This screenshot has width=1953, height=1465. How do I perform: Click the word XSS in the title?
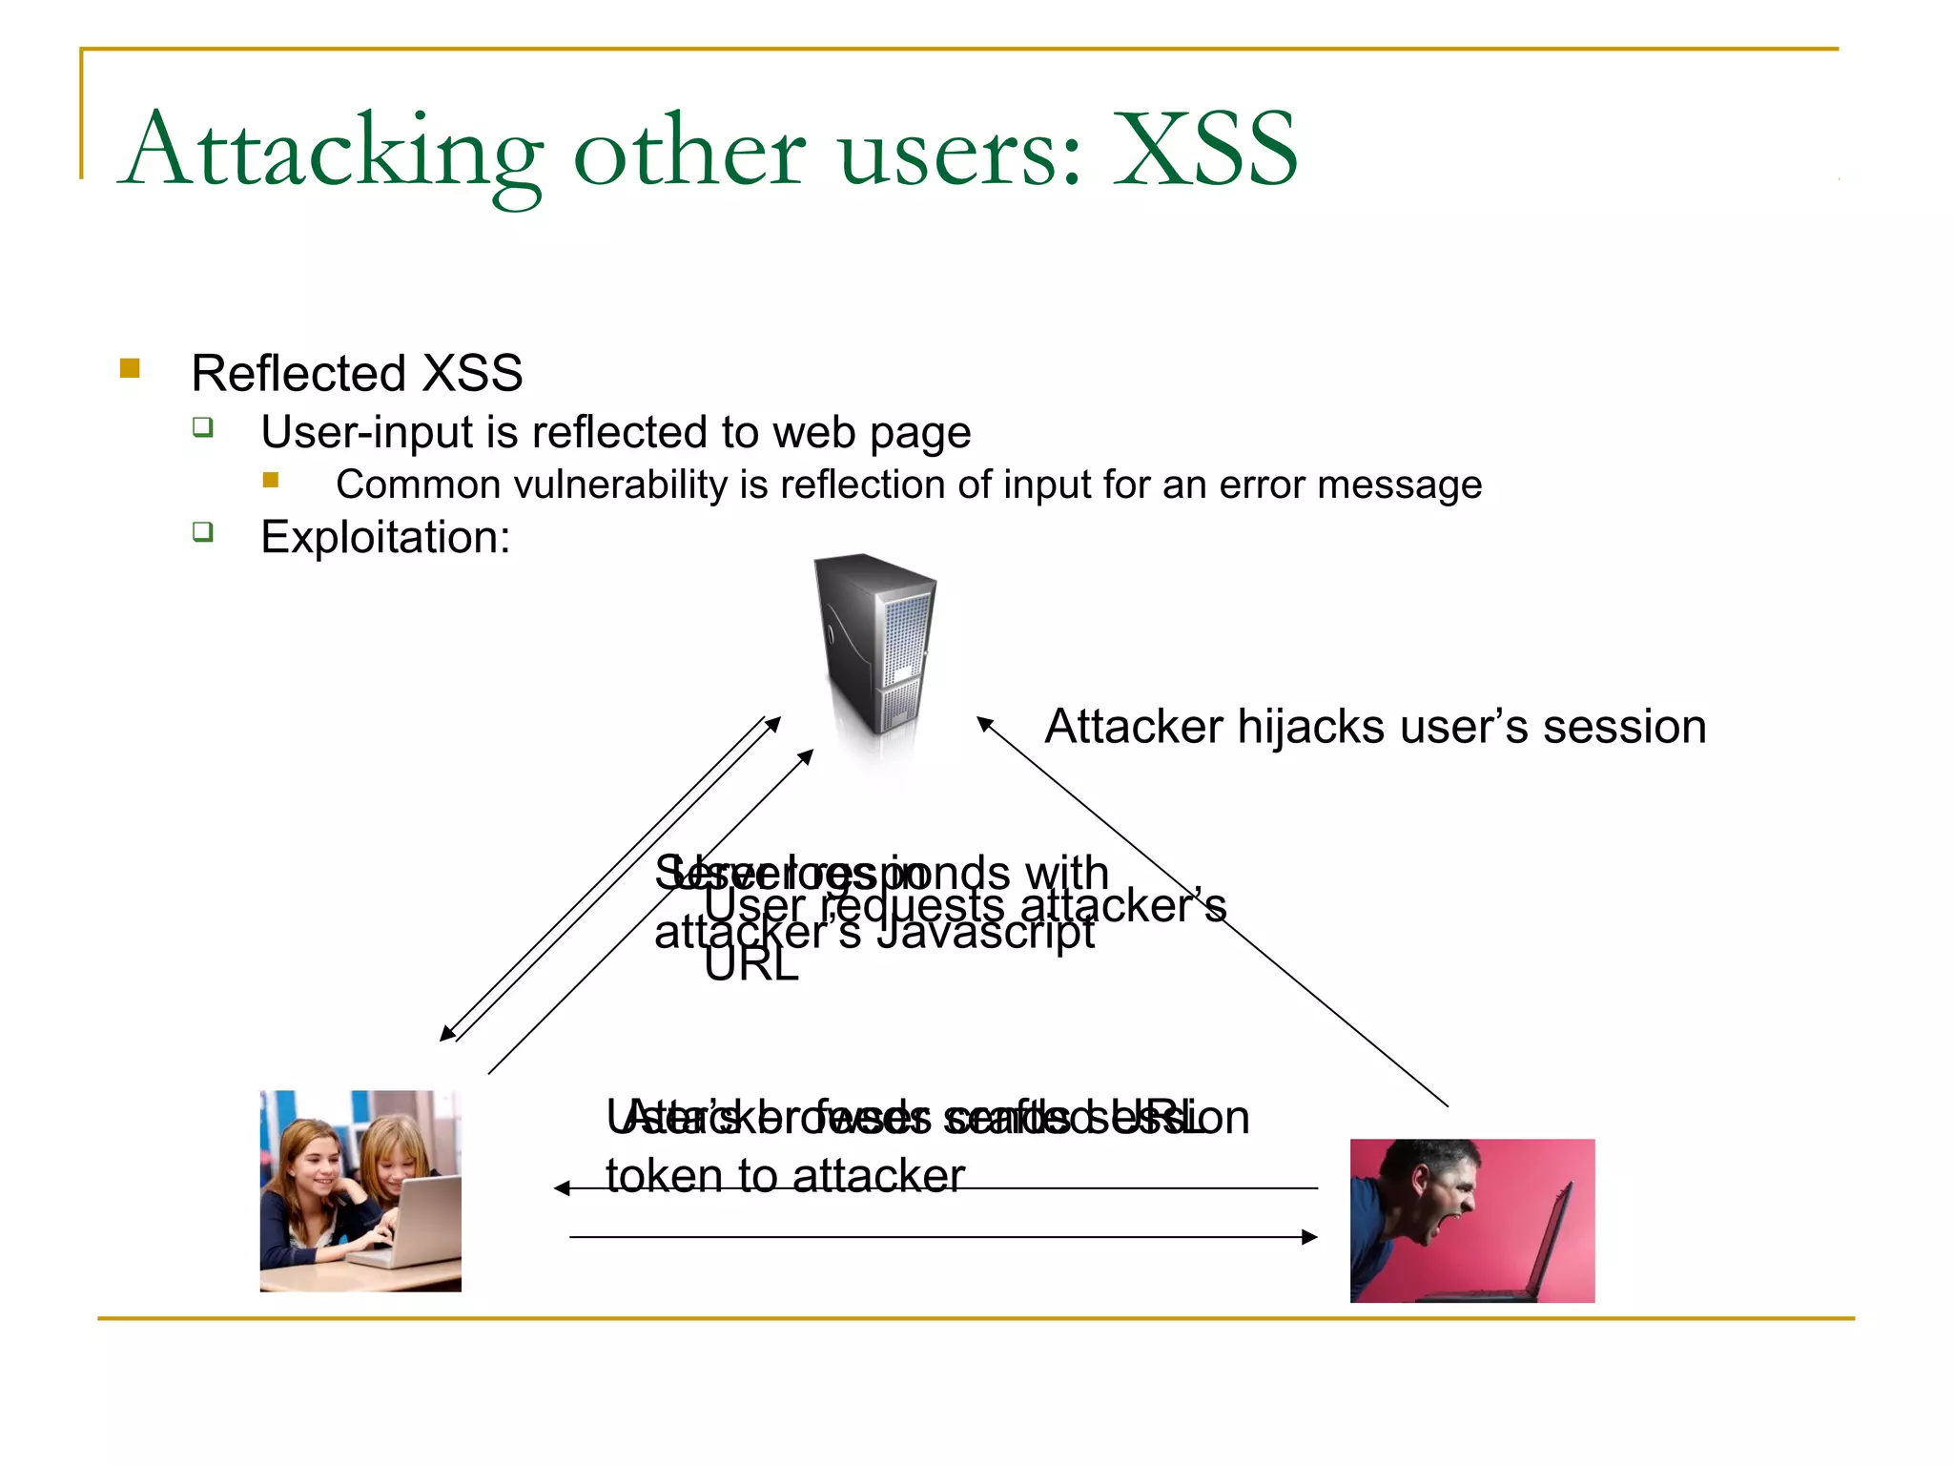tap(1205, 150)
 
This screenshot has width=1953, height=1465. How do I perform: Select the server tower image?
tap(875, 649)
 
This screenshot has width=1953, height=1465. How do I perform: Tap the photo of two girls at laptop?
tap(360, 1190)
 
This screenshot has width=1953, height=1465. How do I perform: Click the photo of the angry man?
tap(1471, 1220)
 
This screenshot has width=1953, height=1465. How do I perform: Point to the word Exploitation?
tap(384, 537)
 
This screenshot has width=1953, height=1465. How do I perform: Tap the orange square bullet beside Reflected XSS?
tap(131, 368)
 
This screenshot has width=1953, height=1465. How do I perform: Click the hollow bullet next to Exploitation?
tap(202, 531)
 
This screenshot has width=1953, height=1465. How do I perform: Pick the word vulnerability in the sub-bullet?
tap(621, 485)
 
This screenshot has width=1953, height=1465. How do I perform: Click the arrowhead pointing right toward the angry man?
tap(1310, 1237)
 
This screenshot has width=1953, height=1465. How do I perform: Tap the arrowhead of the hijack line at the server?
tap(984, 723)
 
